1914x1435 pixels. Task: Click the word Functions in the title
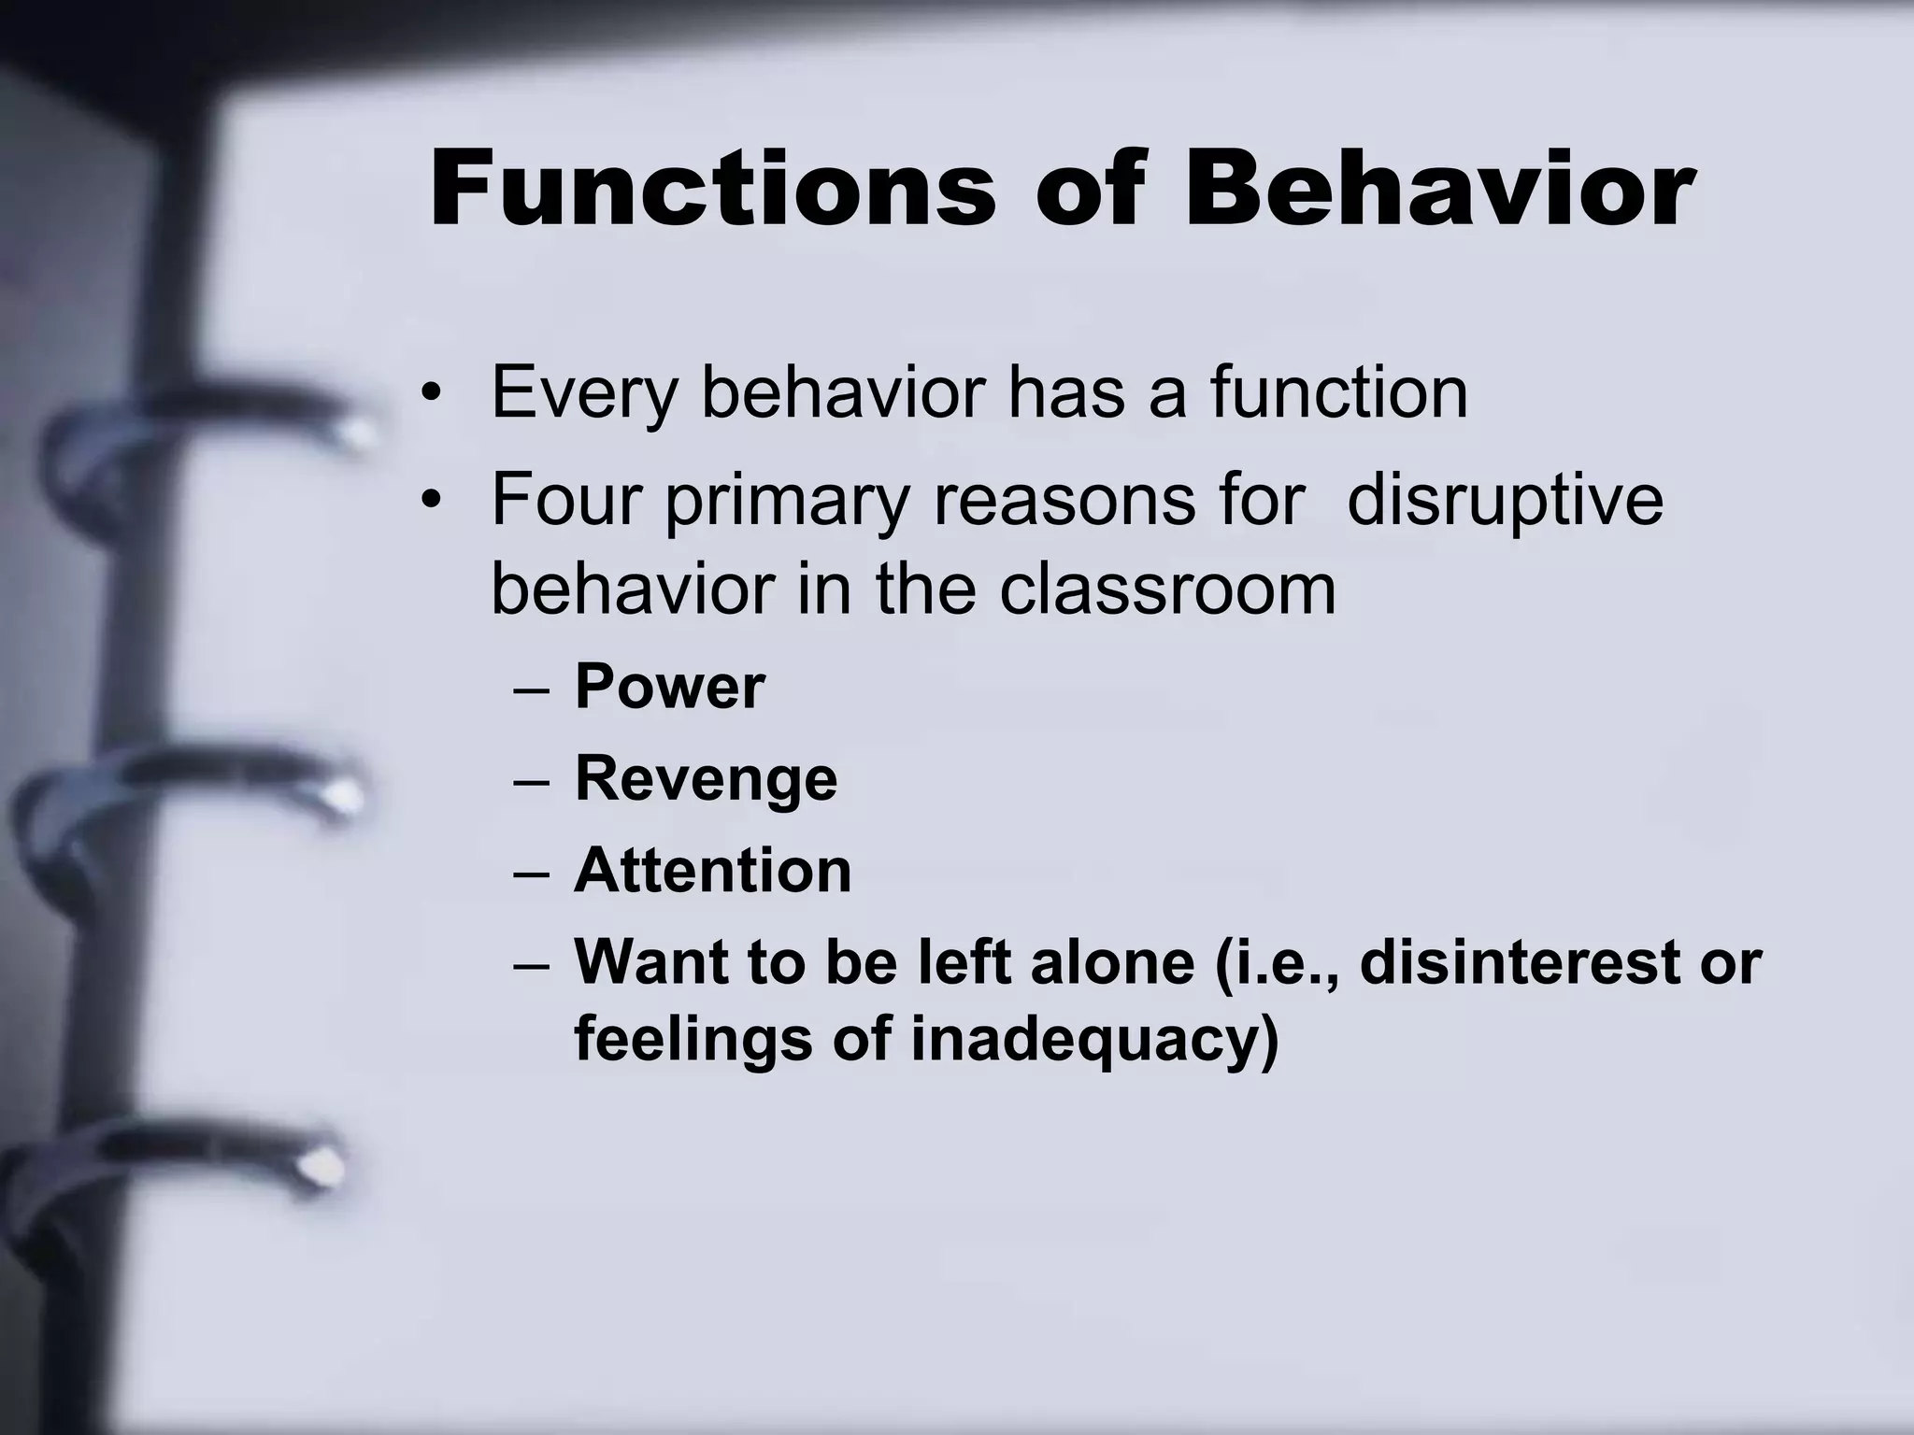[x=712, y=190]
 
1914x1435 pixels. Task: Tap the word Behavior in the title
[x=1439, y=190]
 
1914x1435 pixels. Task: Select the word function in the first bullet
[x=1338, y=392]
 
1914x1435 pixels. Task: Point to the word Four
[x=566, y=500]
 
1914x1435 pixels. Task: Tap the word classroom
[x=1167, y=590]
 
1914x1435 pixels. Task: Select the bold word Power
[x=669, y=688]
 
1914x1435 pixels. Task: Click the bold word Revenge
[x=706, y=780]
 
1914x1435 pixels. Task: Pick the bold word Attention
[x=712, y=871]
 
